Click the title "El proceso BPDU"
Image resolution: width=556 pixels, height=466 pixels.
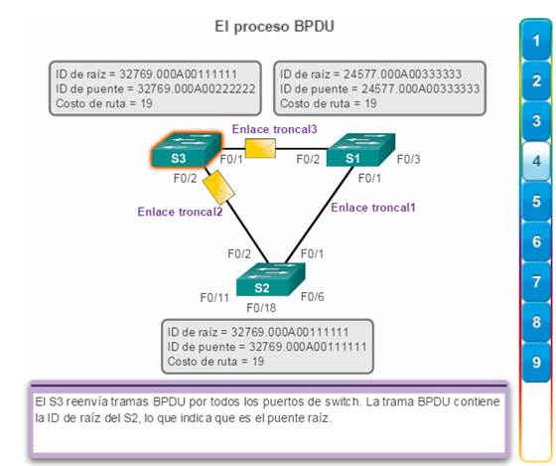(x=274, y=27)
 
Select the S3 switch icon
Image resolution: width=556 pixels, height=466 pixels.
(x=187, y=150)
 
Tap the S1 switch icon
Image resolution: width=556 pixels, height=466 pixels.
(x=360, y=150)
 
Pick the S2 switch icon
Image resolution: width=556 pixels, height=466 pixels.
(x=270, y=279)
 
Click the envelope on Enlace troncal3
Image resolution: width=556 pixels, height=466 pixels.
(x=260, y=148)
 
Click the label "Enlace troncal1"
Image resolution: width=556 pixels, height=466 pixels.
(x=373, y=208)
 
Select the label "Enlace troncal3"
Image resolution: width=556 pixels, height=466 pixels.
(x=274, y=129)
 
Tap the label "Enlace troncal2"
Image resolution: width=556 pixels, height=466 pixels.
(x=180, y=212)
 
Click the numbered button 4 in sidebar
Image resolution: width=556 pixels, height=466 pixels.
(x=536, y=162)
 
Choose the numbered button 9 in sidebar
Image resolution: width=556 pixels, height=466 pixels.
(x=536, y=363)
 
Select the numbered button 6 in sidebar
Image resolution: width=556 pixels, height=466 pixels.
(x=536, y=241)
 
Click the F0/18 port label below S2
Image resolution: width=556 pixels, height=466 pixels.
(x=261, y=308)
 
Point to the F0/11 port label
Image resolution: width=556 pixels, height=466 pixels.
(x=214, y=297)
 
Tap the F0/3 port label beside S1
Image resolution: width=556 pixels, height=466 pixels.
(x=408, y=159)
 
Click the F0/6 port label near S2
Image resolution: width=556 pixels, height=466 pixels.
(x=313, y=297)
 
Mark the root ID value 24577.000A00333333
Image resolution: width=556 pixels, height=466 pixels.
(x=402, y=74)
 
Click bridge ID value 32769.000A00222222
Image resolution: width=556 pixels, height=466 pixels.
(x=197, y=88)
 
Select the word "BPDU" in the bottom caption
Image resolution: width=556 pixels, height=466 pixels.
(x=170, y=401)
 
